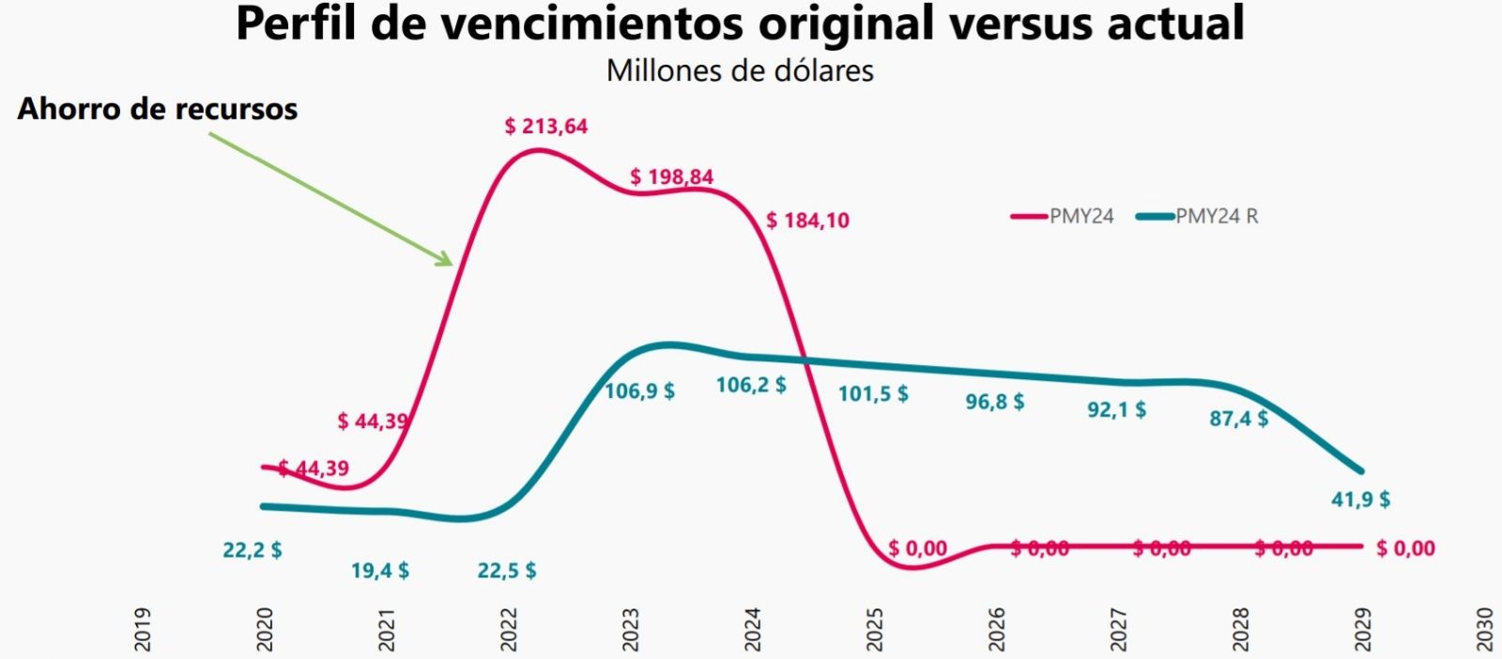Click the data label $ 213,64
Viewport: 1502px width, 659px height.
(545, 126)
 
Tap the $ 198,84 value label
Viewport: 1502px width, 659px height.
(671, 176)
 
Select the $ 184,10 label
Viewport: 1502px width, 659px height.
(807, 221)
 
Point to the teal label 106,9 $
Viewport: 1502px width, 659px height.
(639, 391)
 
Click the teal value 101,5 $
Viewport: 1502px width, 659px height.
(873, 393)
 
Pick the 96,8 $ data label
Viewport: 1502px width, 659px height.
(995, 402)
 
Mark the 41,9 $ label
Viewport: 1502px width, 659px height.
(1360, 499)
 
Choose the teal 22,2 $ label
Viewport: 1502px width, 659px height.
(252, 550)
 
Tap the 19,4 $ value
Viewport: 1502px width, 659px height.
(379, 570)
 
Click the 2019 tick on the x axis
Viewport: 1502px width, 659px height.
(142, 629)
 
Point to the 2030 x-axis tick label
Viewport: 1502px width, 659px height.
(1484, 629)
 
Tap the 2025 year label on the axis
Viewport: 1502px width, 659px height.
(874, 629)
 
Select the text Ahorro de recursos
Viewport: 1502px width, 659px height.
(158, 109)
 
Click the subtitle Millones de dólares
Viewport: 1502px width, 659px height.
(740, 70)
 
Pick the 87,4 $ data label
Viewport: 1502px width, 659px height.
(1238, 418)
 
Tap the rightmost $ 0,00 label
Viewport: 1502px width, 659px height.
(1405, 548)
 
